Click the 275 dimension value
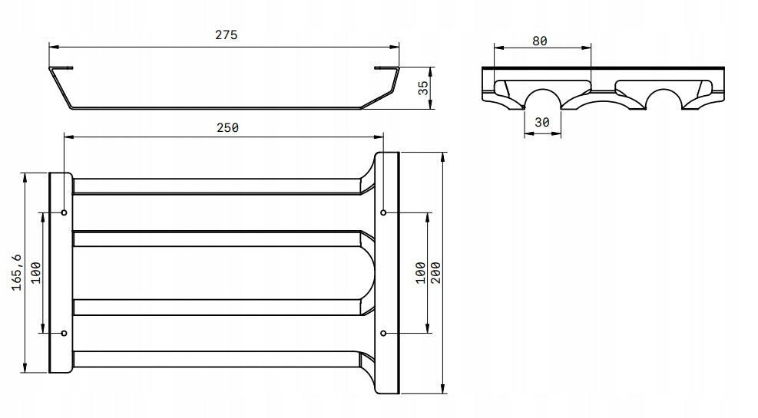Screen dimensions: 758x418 (227, 35)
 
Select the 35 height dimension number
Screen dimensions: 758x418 (423, 87)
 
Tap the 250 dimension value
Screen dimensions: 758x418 (227, 127)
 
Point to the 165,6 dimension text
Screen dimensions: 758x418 (17, 272)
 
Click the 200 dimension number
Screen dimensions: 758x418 (435, 273)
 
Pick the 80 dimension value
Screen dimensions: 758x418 (539, 41)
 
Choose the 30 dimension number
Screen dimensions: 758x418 (542, 122)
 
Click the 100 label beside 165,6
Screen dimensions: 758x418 (36, 273)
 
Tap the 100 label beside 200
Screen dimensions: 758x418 (421, 273)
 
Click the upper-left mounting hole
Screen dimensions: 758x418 (65, 212)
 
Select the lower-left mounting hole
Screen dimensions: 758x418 (65, 333)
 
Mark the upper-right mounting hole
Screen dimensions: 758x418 (383, 212)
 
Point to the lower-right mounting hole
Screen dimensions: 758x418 (383, 333)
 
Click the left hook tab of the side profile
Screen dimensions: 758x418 (61, 68)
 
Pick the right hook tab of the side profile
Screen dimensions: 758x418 (387, 68)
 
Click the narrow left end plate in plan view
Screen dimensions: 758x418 (61, 273)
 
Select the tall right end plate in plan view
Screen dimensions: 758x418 (387, 273)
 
